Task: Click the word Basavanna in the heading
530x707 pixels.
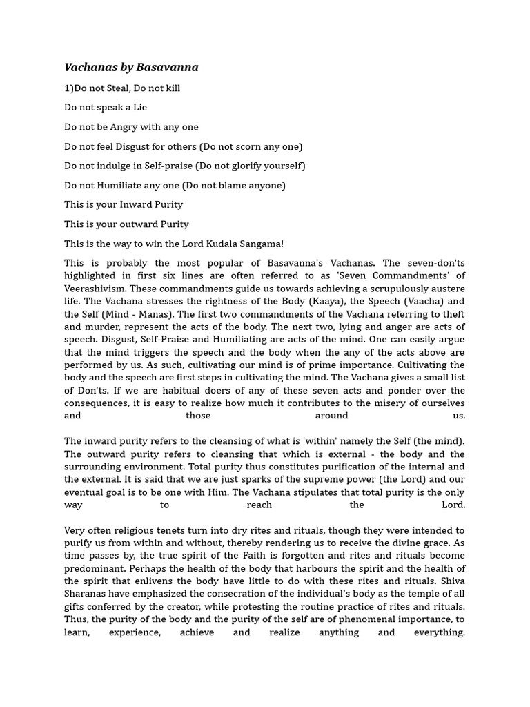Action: tap(167, 67)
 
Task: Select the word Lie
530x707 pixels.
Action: tap(139, 108)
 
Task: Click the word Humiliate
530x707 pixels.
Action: tap(128, 185)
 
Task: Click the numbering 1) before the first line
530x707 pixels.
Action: tap(69, 88)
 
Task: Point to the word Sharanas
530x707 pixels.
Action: tap(86, 594)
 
